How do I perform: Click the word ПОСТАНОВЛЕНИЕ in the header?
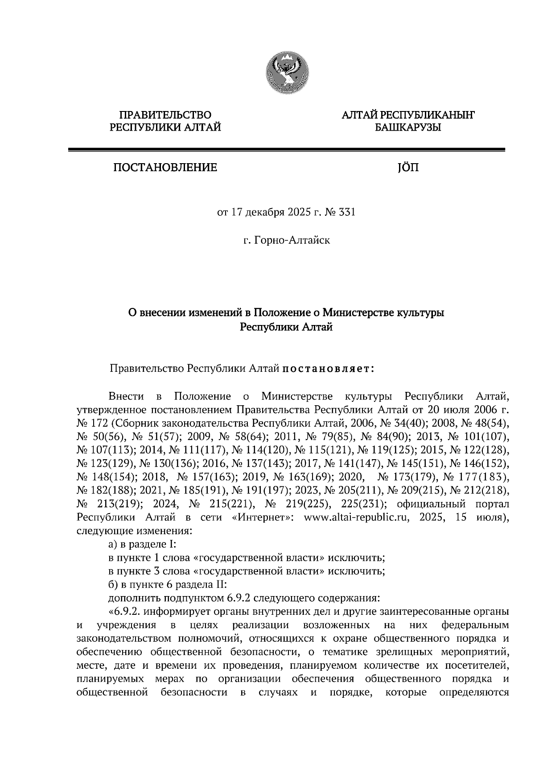(x=165, y=168)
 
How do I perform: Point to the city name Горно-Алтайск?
(x=292, y=241)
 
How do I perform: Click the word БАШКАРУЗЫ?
(x=407, y=128)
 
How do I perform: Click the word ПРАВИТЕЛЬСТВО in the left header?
(x=165, y=115)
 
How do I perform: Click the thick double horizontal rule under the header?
(x=286, y=150)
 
